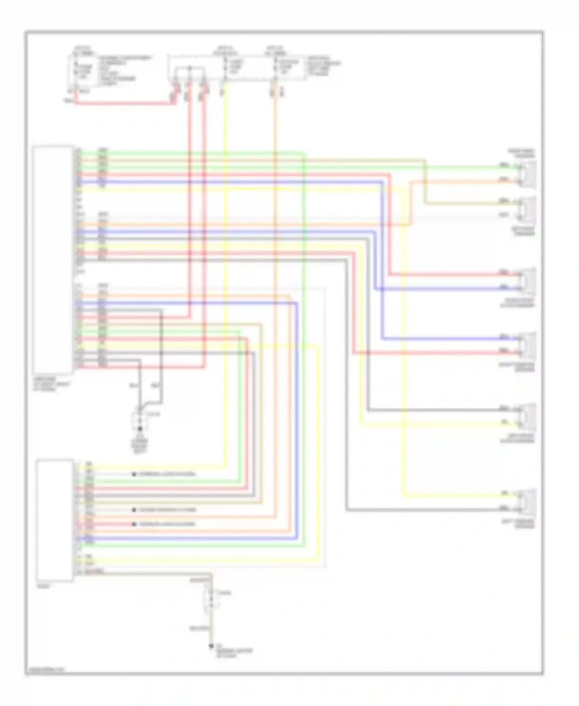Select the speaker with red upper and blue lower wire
(527, 281)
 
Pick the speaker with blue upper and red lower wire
(527, 345)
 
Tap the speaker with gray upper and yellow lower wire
(527, 416)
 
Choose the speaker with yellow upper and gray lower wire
(527, 502)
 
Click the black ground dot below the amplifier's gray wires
(140, 429)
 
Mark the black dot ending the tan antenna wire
(211, 646)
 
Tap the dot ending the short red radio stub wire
(134, 524)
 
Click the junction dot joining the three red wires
(190, 69)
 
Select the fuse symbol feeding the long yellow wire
(225, 68)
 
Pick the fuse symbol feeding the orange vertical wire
(275, 68)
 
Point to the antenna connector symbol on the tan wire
(211, 598)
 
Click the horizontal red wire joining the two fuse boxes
(124, 103)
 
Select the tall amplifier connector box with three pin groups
(53, 260)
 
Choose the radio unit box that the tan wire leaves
(54, 520)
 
